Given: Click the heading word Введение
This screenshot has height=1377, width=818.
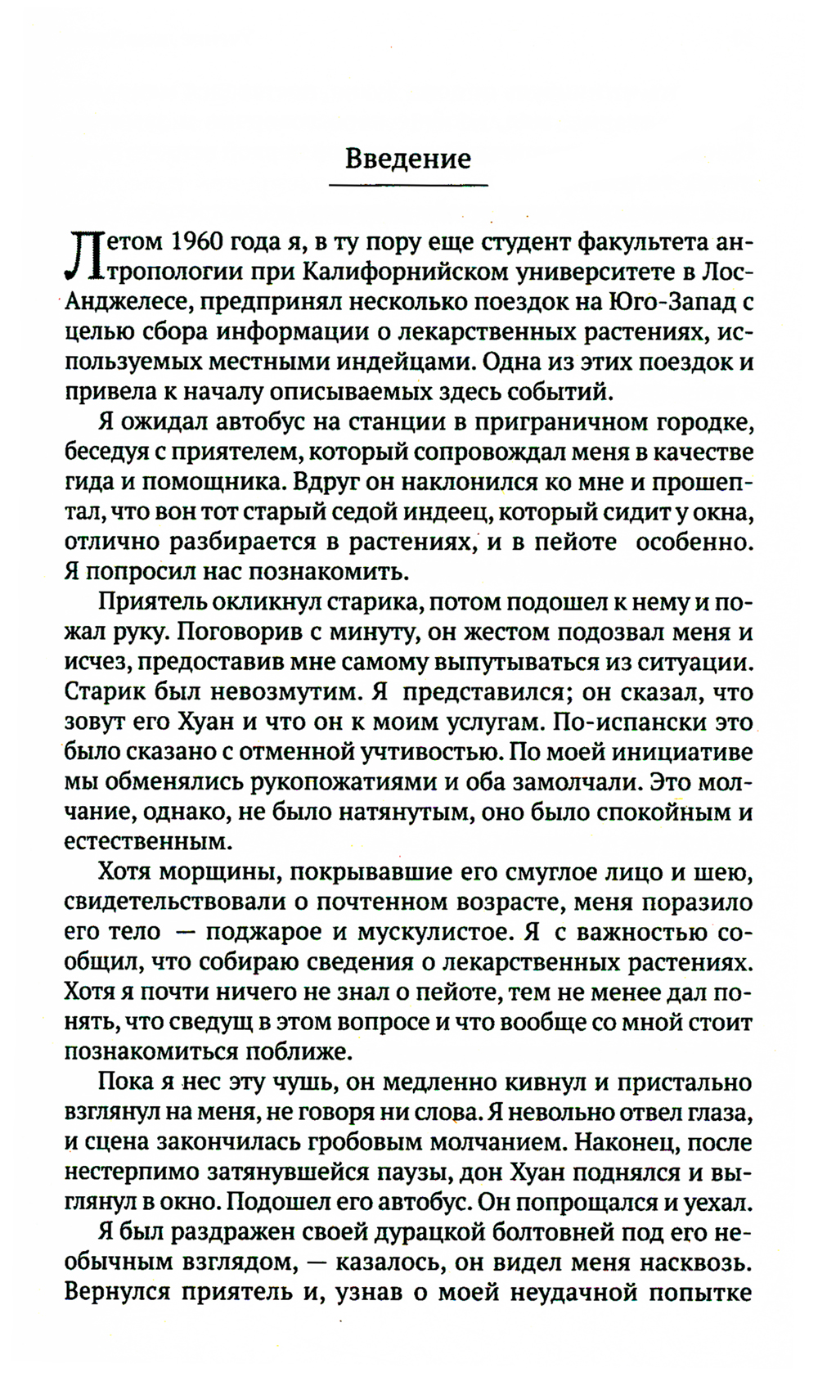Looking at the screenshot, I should pos(407,157).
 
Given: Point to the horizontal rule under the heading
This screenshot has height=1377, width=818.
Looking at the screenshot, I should pos(407,186).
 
